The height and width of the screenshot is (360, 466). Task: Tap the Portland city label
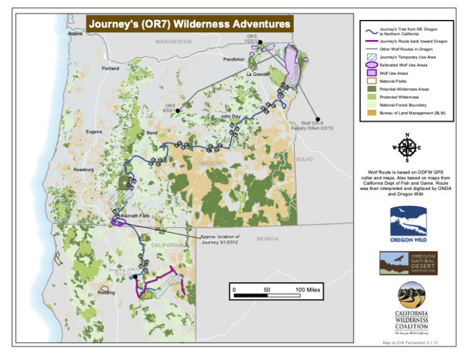pyautogui.click(x=110, y=69)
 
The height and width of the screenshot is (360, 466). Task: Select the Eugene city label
pyautogui.click(x=93, y=131)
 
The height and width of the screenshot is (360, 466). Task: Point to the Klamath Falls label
pyautogui.click(x=135, y=216)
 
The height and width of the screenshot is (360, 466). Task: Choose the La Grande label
pyautogui.click(x=257, y=74)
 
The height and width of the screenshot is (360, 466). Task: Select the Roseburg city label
pyautogui.click(x=84, y=169)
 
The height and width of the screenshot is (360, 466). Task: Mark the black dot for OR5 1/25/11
pyautogui.click(x=260, y=42)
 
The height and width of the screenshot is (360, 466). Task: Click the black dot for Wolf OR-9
pyautogui.click(x=317, y=118)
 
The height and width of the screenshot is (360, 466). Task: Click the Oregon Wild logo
pyautogui.click(x=408, y=224)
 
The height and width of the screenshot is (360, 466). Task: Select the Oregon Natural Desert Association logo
pyautogui.click(x=408, y=263)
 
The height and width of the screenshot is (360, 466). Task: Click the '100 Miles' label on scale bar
pyautogui.click(x=308, y=290)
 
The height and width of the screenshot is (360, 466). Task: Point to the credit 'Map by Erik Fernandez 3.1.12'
pyautogui.click(x=408, y=342)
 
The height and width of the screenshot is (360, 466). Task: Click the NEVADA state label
pyautogui.click(x=268, y=239)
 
